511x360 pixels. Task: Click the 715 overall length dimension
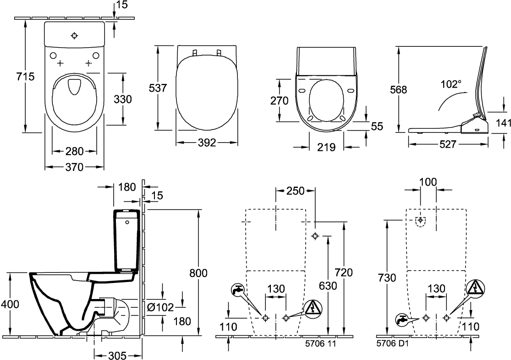(25, 76)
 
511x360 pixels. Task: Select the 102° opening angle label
(451, 84)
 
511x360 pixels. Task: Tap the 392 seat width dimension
(207, 143)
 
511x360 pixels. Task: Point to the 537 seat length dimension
(158, 88)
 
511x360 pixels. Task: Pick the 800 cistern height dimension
(198, 272)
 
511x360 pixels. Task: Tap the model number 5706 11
(320, 343)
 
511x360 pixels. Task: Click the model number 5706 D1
(392, 343)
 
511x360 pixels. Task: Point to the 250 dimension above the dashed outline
(295, 191)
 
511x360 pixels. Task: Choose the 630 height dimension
(328, 286)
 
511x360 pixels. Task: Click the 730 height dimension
(387, 278)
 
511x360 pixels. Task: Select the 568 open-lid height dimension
(398, 89)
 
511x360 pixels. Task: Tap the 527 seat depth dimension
(447, 144)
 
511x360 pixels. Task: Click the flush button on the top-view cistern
(75, 36)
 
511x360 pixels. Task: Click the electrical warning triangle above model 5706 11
(313, 308)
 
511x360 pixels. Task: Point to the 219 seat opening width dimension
(326, 147)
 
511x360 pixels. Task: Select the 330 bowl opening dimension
(122, 99)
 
